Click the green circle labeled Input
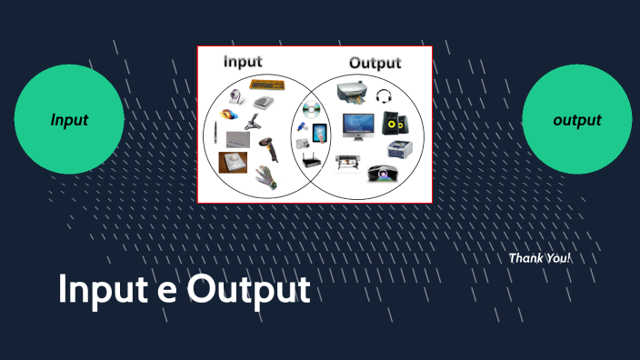pyautogui.click(x=69, y=119)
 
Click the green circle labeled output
pyautogui.click(x=576, y=119)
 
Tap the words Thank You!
pyautogui.click(x=540, y=258)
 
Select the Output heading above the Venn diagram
pyautogui.click(x=375, y=63)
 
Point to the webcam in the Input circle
pyautogui.click(x=235, y=95)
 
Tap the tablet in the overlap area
pyautogui.click(x=320, y=134)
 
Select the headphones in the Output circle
pyautogui.click(x=383, y=93)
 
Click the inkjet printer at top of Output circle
pyautogui.click(x=352, y=91)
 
